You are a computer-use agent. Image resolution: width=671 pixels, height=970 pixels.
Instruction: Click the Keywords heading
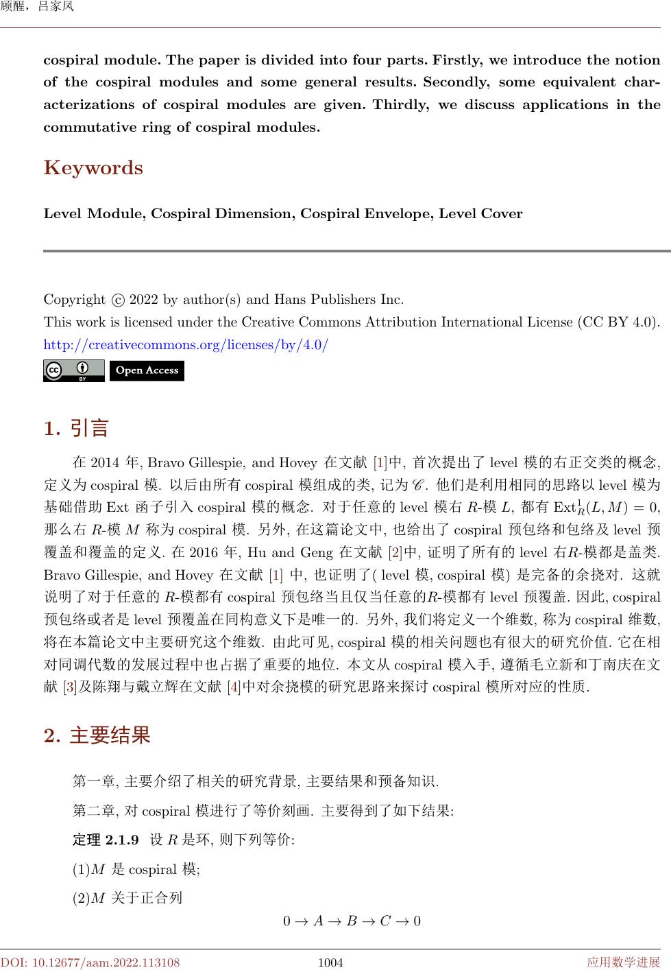[93, 168]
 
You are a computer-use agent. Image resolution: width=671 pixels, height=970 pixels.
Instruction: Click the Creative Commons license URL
[186, 344]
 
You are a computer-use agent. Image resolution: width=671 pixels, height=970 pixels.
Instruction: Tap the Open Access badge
[147, 370]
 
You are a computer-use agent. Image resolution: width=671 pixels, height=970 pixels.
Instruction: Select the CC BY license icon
[73, 370]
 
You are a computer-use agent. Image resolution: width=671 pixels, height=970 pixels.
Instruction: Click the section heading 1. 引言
[77, 429]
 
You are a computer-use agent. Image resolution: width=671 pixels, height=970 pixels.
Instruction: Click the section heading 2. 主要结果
[97, 736]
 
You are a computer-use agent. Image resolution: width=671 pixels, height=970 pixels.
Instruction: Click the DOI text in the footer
[90, 962]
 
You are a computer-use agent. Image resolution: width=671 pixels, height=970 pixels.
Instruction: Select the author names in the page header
[37, 7]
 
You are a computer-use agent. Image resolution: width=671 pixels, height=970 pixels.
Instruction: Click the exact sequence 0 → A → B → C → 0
[352, 921]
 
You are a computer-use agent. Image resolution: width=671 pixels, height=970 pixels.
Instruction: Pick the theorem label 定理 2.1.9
[106, 840]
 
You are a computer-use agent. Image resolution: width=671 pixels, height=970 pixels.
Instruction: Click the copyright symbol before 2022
[117, 300]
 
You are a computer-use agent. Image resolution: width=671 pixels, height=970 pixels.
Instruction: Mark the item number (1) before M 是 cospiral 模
[81, 870]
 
